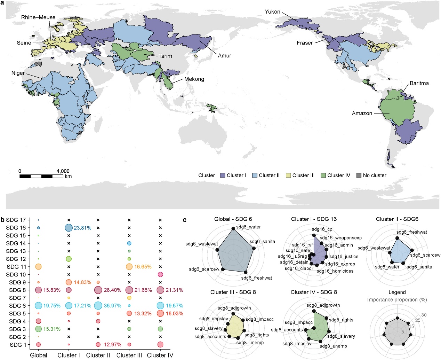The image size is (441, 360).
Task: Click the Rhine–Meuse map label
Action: pos(38,17)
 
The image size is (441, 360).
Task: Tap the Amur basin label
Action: pos(224,56)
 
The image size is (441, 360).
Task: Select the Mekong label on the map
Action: pos(194,79)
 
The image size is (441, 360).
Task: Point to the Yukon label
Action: pos(272,12)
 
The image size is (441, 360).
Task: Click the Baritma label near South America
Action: pos(419,83)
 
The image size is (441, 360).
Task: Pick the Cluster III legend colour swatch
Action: pos(288,175)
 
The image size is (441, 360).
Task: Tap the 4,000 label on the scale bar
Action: pos(63,171)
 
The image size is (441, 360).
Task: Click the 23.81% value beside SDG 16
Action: pos(82,228)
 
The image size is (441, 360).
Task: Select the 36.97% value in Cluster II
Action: pos(113,306)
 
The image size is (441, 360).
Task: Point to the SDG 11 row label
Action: pos(16,267)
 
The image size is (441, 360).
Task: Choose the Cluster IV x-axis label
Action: pos(160,355)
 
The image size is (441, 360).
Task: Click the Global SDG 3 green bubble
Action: pos(38,329)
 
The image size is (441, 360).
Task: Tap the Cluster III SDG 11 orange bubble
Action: pos(129,267)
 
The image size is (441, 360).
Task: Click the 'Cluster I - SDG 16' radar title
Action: pos(314,219)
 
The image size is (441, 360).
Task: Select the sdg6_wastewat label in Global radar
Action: pos(202,244)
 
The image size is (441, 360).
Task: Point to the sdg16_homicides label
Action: pos(335,271)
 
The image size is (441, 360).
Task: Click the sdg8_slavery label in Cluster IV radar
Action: pos(341,336)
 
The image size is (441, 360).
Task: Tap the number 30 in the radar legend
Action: pos(424,315)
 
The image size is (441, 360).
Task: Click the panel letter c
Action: pos(185,220)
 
